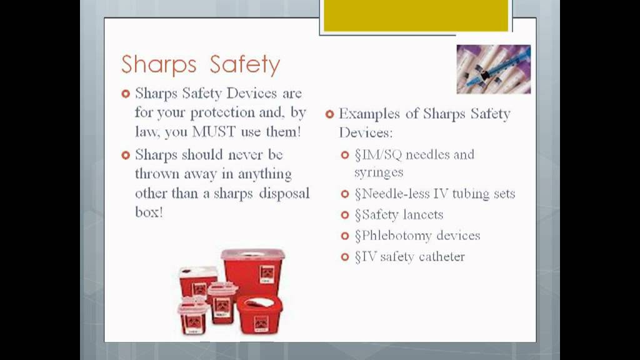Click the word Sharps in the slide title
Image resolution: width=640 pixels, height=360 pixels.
click(159, 65)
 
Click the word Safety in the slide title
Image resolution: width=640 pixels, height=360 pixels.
click(245, 65)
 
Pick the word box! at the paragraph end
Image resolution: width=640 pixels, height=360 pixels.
click(149, 212)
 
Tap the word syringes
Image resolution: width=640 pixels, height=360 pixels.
click(379, 172)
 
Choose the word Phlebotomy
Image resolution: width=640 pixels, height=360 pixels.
click(401, 236)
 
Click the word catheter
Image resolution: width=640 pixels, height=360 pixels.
click(441, 257)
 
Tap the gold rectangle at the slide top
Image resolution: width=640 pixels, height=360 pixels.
click(415, 16)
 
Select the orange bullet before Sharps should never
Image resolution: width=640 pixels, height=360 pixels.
click(125, 155)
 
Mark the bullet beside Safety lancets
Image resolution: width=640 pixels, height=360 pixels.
click(345, 215)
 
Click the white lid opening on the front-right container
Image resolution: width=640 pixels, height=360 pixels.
click(258, 302)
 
